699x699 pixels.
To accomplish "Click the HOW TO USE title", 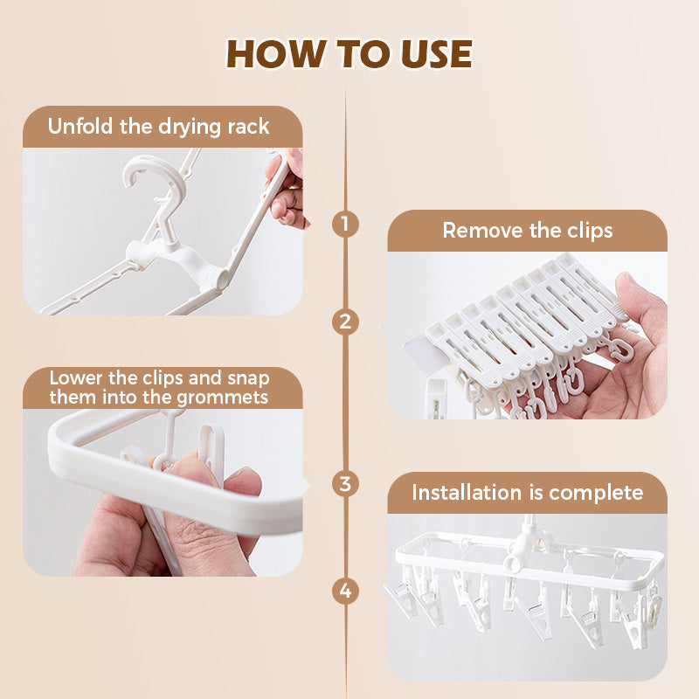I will tap(349, 53).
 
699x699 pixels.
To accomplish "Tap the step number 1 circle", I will tap(346, 225).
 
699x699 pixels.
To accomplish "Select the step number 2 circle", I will tap(346, 322).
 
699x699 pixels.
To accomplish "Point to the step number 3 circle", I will tap(346, 482).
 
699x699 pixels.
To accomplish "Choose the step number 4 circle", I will tap(346, 592).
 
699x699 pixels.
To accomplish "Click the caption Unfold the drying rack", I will tap(158, 126).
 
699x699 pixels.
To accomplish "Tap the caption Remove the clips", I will tap(527, 231).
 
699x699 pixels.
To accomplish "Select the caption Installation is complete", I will tap(527, 492).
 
